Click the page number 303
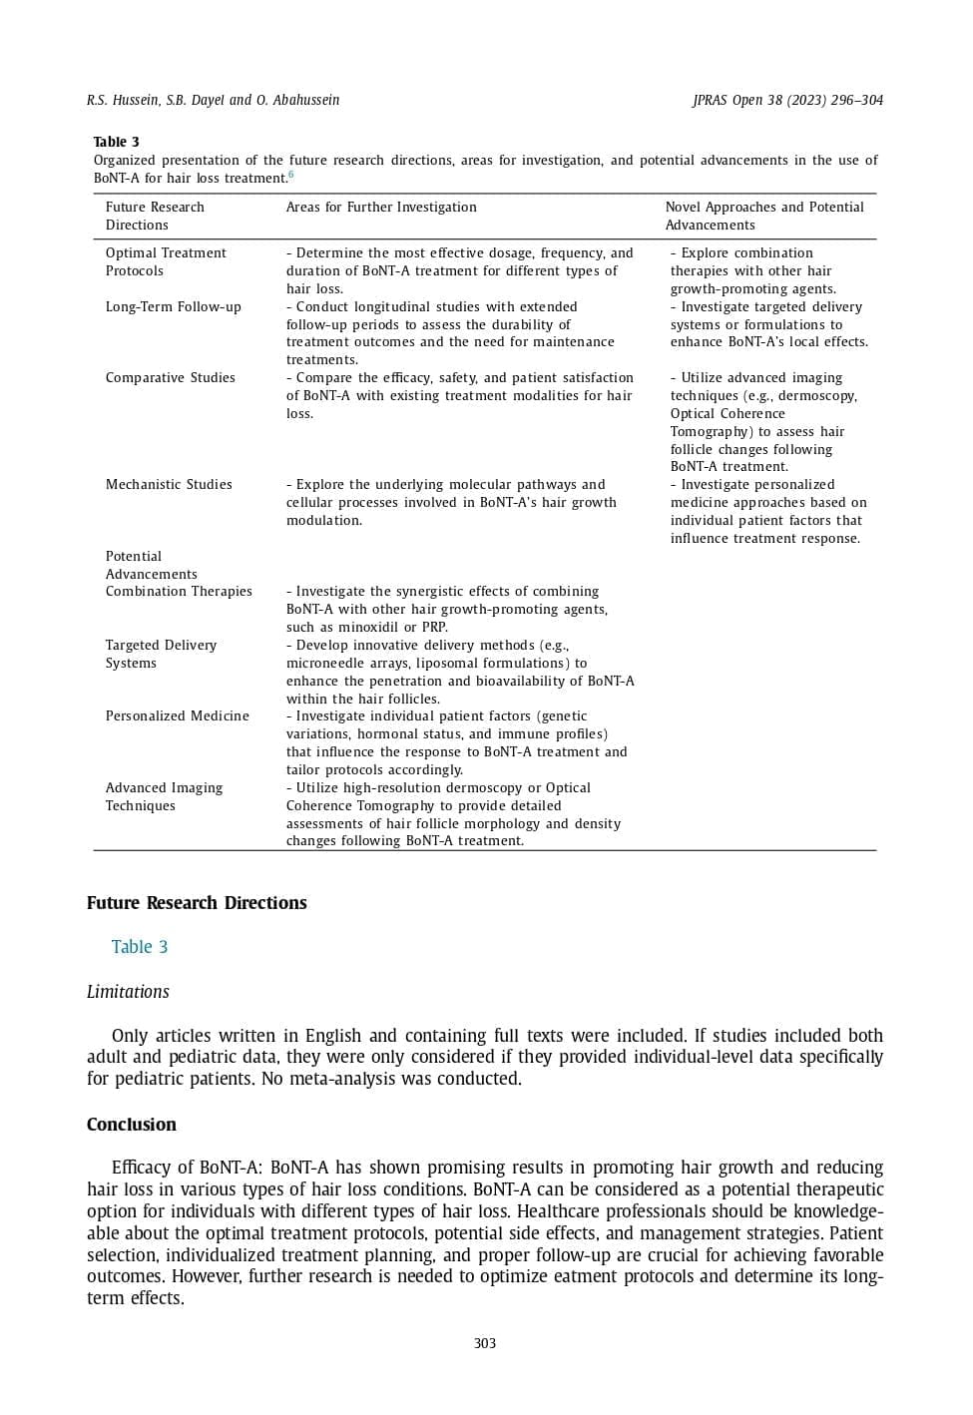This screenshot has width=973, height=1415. [x=485, y=1343]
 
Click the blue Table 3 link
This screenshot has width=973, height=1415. [x=140, y=947]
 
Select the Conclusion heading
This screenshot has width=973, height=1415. [x=132, y=1125]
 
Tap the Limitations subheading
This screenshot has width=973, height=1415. [x=128, y=992]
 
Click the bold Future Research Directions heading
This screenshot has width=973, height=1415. [x=197, y=903]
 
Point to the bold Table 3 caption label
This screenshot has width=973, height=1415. [x=117, y=142]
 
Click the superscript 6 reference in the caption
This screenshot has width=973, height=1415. [x=291, y=175]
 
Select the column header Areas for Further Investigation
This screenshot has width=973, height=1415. [x=381, y=208]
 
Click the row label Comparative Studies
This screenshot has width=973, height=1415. [x=171, y=378]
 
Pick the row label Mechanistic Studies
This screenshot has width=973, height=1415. [x=169, y=485]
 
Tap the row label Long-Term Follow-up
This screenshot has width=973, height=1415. [x=174, y=307]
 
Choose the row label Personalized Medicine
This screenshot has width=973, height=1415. [x=178, y=716]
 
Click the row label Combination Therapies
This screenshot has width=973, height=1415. [x=179, y=592]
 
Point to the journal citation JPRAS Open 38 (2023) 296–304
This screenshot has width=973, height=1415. [x=787, y=100]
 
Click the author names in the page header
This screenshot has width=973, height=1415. [x=213, y=100]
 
